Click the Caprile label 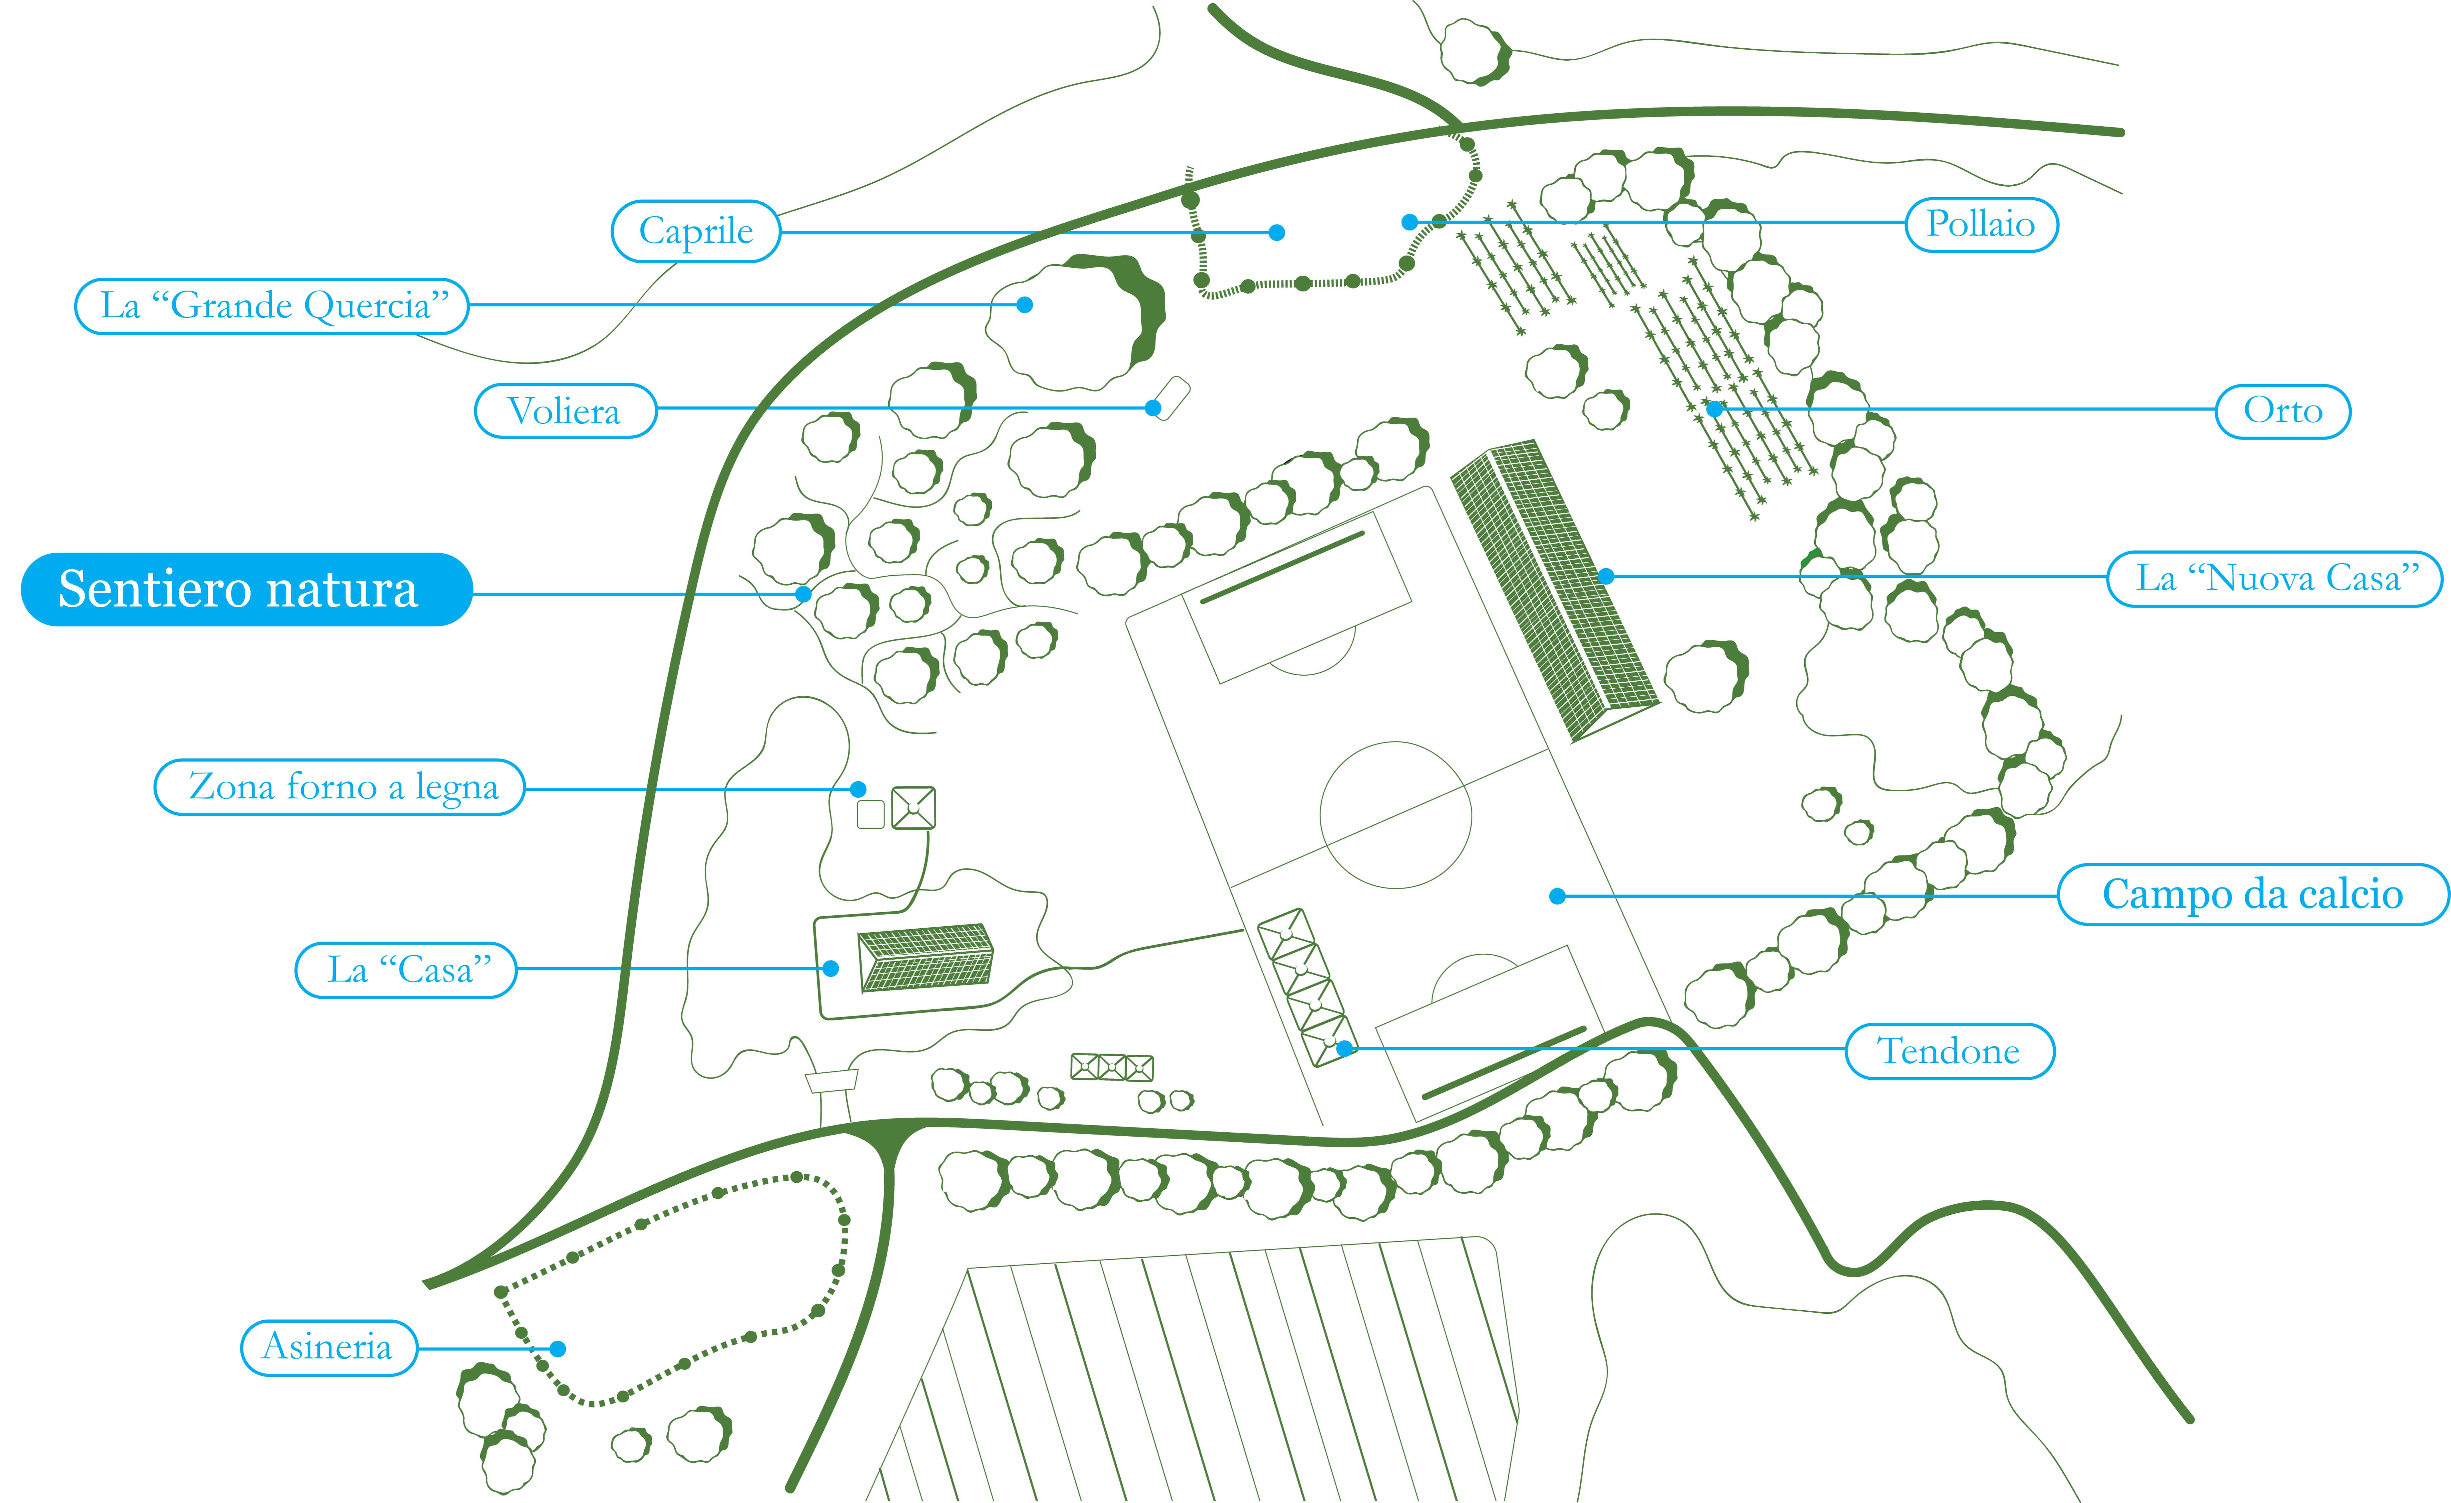695,232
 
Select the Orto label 2283,411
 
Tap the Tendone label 1950,1050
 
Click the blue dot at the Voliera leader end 1153,408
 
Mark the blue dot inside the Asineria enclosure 558,1349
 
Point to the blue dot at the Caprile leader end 1277,233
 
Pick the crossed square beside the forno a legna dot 913,808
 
